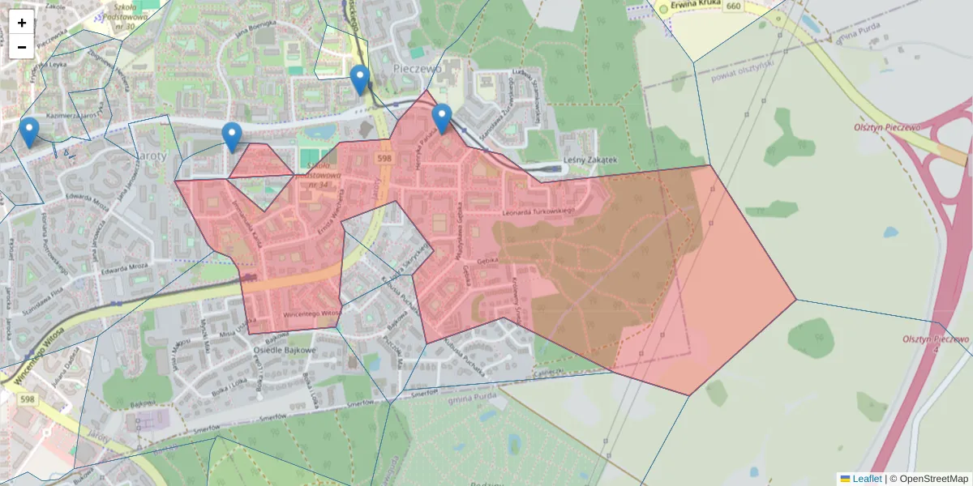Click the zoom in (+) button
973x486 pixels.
(22, 23)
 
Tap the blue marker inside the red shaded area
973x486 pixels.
(442, 118)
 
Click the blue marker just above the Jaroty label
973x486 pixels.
(232, 137)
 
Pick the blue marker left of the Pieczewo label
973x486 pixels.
(360, 79)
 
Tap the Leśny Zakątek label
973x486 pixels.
(590, 161)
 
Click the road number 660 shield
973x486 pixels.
(734, 6)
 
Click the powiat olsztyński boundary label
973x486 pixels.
(743, 70)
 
